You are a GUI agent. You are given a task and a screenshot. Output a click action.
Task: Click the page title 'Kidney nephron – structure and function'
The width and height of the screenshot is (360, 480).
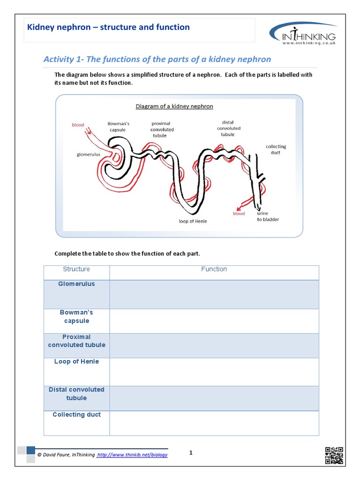click(x=109, y=27)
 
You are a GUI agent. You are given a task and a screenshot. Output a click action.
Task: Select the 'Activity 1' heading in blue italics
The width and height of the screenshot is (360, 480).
click(x=157, y=59)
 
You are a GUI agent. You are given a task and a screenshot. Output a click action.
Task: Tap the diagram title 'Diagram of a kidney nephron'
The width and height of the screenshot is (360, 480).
click(x=174, y=106)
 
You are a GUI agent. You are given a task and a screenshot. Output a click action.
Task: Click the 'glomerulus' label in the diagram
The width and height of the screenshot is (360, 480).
click(x=89, y=154)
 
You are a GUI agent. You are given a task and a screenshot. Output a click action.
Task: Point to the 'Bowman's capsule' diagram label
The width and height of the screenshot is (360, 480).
click(x=118, y=127)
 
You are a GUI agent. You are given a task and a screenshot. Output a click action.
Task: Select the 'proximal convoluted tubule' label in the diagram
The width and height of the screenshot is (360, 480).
click(x=162, y=129)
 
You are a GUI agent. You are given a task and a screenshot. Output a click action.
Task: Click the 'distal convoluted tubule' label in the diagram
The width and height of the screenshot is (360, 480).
click(x=228, y=128)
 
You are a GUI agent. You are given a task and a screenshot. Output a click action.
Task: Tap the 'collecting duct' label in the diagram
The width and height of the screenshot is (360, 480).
click(x=276, y=150)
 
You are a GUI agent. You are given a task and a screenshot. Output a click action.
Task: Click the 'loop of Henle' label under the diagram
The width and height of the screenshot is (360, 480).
click(x=193, y=221)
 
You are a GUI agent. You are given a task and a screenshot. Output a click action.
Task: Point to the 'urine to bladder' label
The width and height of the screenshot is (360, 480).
click(x=267, y=217)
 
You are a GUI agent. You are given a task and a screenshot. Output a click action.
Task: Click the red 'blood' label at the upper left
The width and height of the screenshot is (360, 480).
click(x=78, y=125)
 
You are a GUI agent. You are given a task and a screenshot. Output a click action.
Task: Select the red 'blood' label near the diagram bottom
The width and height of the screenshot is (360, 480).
click(x=239, y=214)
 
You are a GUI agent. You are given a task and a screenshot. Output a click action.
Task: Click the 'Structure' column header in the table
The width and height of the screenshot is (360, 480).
click(x=76, y=270)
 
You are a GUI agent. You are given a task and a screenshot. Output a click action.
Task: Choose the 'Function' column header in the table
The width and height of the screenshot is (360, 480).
click(x=214, y=270)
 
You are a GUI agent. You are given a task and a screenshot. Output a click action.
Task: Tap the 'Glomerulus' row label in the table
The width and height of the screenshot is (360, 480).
click(x=76, y=284)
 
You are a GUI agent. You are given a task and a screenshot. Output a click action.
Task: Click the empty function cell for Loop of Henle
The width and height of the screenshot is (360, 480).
click(x=214, y=372)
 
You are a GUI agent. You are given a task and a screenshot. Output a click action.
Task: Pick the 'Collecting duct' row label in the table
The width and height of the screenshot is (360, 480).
click(x=76, y=415)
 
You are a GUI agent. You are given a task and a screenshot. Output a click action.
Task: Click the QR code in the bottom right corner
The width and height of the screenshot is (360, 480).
click(x=334, y=455)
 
